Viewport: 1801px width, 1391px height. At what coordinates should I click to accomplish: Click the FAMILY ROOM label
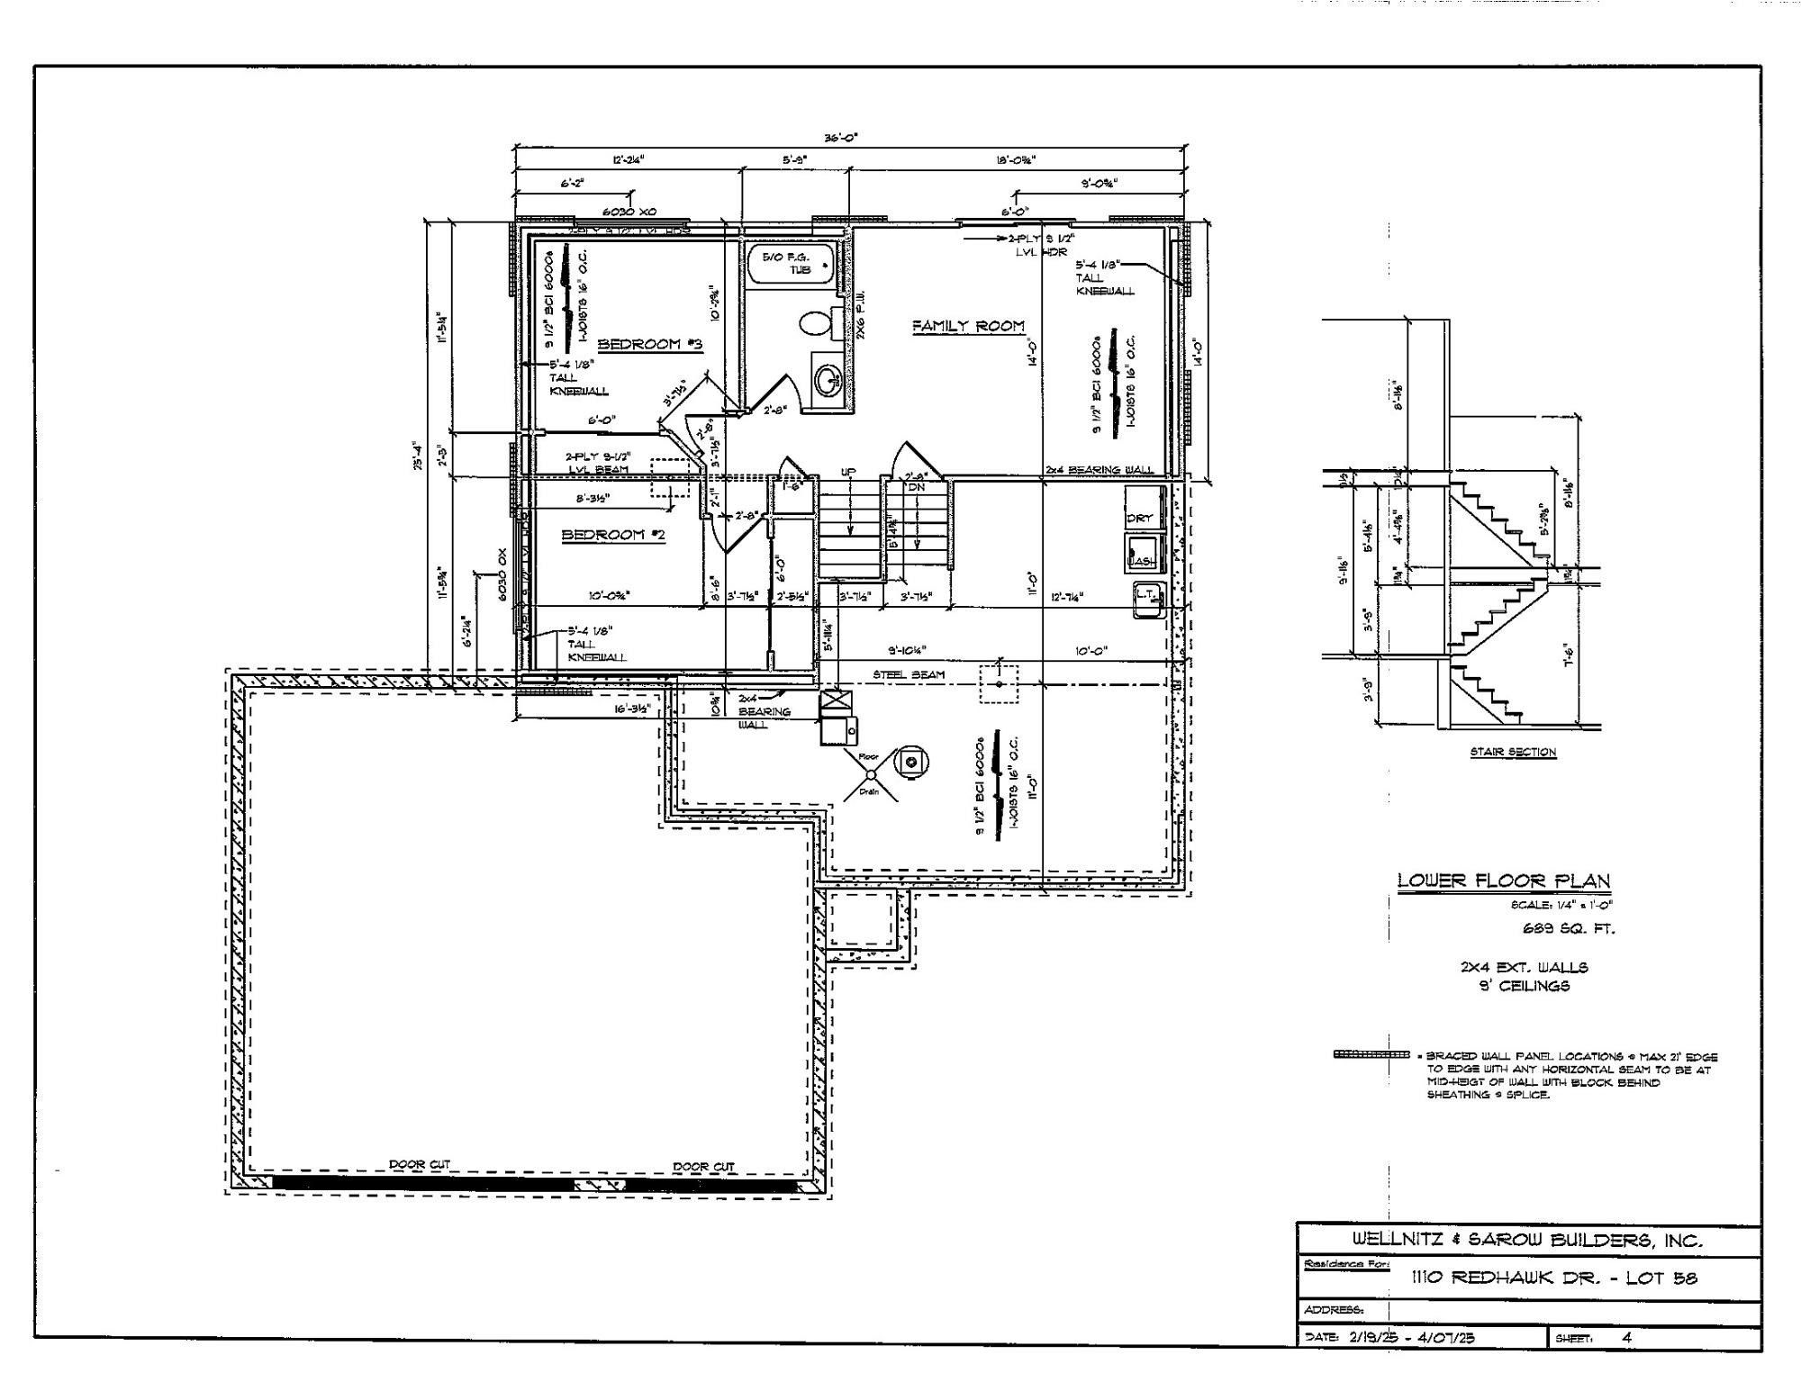tap(968, 326)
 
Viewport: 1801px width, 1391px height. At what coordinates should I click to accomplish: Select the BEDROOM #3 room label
tap(649, 344)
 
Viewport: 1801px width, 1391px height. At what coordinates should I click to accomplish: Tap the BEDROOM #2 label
tap(613, 535)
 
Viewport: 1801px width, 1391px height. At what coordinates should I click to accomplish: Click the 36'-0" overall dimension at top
tap(841, 138)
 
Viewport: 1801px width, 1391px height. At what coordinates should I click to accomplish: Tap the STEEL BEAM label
tap(908, 674)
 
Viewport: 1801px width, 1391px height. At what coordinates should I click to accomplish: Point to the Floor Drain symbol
tap(870, 774)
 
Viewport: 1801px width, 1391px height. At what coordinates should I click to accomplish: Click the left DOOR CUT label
tap(419, 1164)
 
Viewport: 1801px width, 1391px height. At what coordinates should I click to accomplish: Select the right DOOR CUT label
tap(703, 1166)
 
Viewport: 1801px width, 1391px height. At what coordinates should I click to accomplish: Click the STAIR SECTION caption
tap(1513, 752)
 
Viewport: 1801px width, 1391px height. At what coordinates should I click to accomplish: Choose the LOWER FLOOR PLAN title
tap(1503, 881)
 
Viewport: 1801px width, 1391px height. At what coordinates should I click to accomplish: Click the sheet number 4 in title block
tap(1626, 1337)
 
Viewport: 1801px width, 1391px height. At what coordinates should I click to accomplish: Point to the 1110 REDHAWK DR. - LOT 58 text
tap(1553, 1277)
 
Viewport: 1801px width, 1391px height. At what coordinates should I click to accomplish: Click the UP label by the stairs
tap(847, 472)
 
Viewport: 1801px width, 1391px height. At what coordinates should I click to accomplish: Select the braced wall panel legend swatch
tap(1371, 1054)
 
